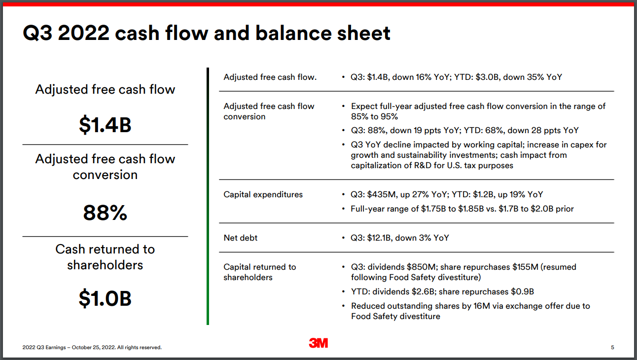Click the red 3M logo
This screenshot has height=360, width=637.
pos(318,343)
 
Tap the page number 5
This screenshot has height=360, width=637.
pos(612,347)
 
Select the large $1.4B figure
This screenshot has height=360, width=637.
pos(105,125)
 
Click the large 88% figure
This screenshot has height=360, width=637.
pos(105,213)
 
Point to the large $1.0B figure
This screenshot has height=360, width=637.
pos(105,298)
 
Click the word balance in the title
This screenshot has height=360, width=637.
pos(293,33)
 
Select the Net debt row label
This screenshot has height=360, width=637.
pos(240,238)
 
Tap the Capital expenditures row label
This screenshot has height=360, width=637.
pos(263,194)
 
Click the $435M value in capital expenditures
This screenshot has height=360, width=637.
pos(381,194)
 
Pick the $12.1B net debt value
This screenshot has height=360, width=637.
pos(379,238)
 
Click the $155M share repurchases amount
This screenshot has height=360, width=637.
pos(525,267)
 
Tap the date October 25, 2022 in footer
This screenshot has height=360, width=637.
pos(93,347)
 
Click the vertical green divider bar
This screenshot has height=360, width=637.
pos(208,196)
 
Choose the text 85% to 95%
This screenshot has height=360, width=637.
pos(374,116)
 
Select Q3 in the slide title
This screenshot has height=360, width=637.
pos(38,33)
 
